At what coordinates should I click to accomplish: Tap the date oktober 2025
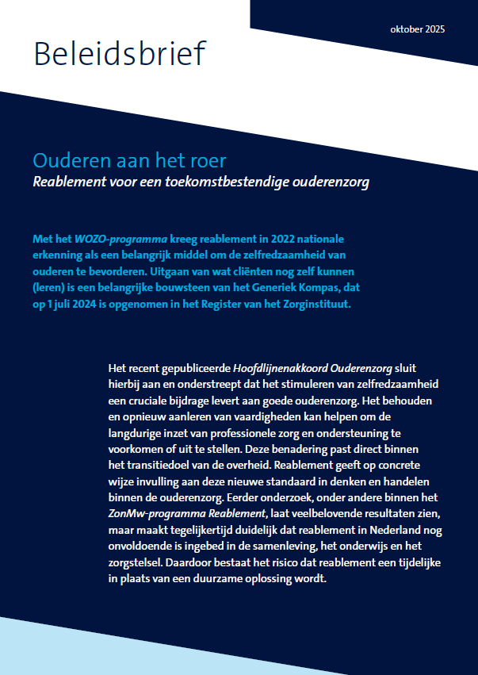point(418,29)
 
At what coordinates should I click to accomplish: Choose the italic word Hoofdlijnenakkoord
point(273,369)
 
